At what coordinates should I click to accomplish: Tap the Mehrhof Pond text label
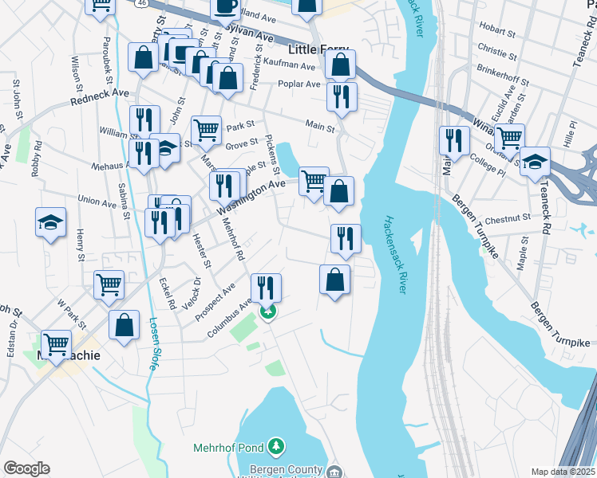(229, 448)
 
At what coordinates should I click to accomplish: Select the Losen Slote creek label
(152, 345)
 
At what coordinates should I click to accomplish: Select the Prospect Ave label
(216, 298)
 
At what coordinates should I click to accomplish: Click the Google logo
(26, 468)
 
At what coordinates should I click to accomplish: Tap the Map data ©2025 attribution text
(563, 472)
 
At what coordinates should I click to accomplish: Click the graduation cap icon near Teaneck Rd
(535, 160)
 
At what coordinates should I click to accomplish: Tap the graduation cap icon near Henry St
(51, 221)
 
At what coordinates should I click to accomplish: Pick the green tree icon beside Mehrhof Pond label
(276, 445)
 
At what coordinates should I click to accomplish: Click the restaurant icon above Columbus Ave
(266, 287)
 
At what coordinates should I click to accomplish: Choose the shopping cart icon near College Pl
(509, 137)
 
